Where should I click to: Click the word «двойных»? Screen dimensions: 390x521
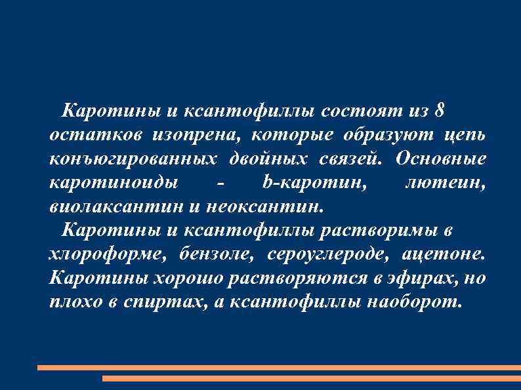(x=270, y=159)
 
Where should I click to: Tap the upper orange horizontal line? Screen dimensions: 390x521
(x=279, y=368)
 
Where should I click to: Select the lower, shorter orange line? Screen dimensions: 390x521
(x=312, y=378)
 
